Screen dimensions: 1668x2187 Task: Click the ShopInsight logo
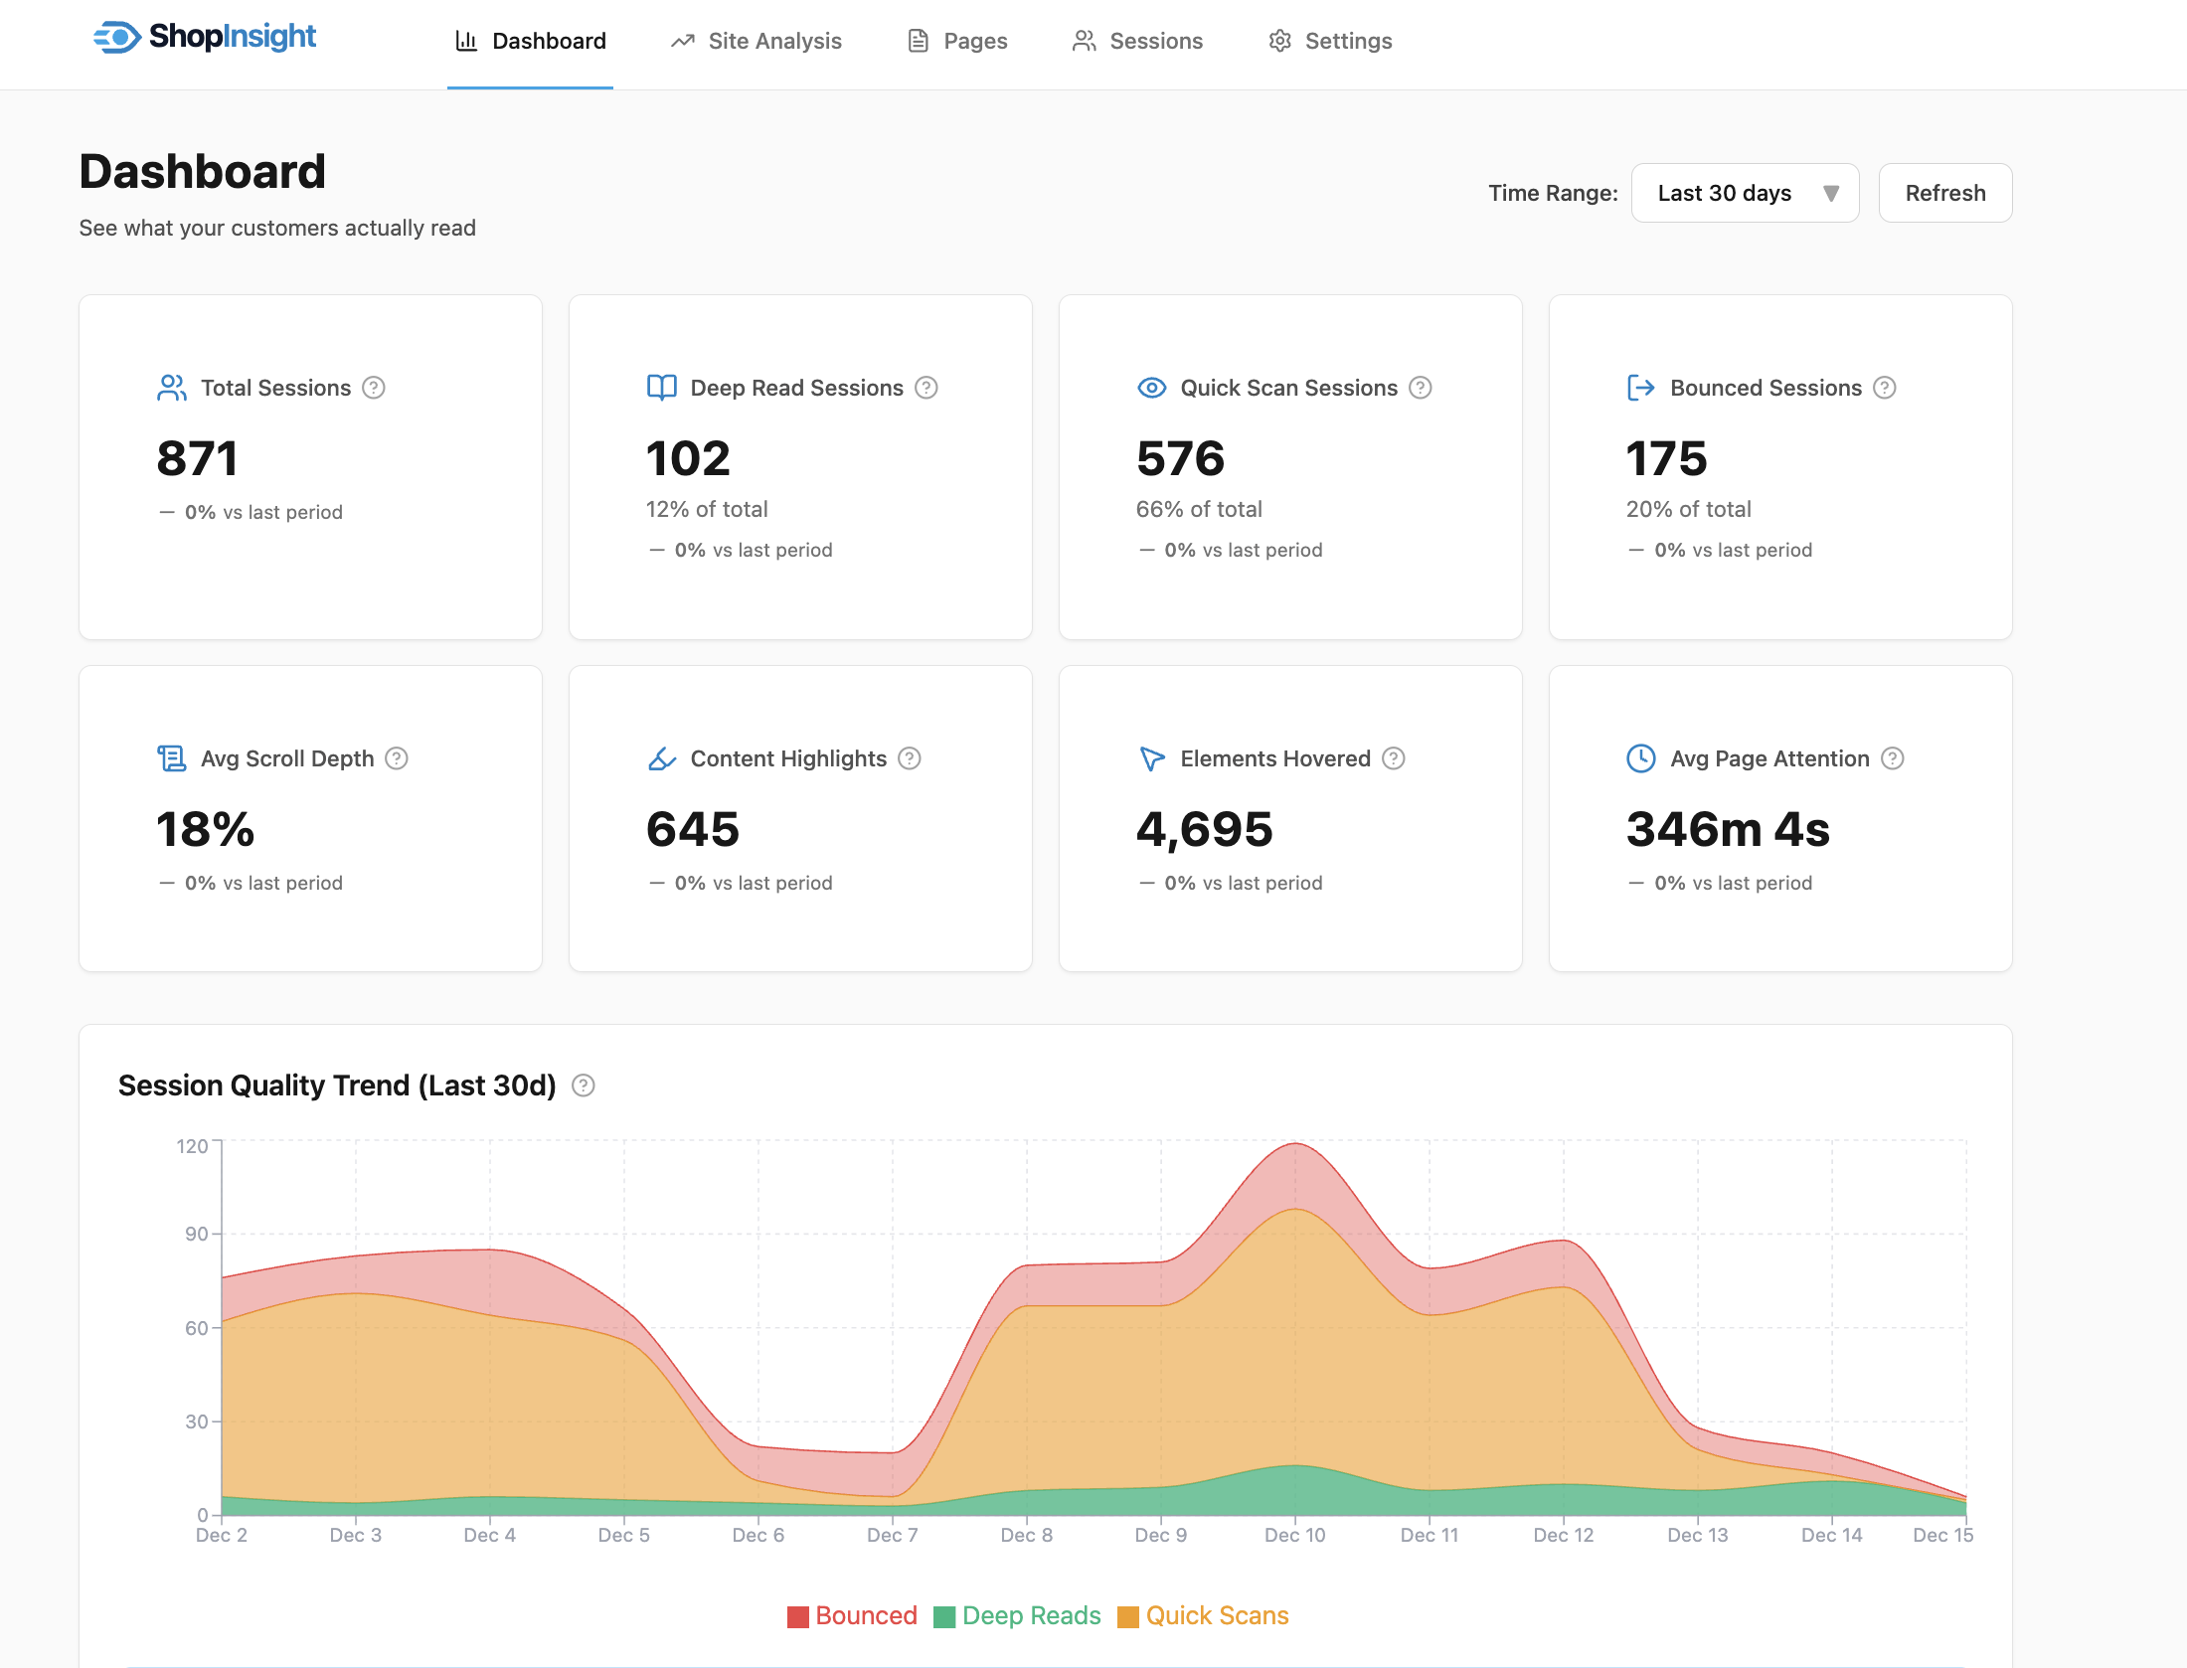point(205,38)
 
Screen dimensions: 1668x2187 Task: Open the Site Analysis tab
point(756,41)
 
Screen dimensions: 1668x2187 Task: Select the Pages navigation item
point(957,41)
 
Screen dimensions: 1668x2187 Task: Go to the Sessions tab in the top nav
point(1137,41)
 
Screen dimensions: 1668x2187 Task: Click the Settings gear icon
point(1279,41)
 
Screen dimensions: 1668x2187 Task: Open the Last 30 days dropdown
point(1745,193)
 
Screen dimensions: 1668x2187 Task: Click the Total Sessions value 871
point(198,458)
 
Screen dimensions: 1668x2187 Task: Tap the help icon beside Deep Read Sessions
point(926,388)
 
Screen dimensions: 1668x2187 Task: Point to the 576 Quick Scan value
point(1180,458)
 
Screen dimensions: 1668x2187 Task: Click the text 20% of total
point(1688,509)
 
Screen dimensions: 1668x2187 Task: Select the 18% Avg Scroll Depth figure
point(206,829)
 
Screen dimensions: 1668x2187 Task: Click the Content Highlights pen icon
point(662,758)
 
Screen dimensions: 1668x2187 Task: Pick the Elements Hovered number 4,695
point(1204,829)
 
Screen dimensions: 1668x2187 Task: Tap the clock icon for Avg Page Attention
point(1640,758)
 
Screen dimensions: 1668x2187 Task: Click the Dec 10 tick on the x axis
point(1294,1535)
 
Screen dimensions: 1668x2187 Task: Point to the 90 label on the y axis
point(196,1234)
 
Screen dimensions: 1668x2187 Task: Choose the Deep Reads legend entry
point(1018,1615)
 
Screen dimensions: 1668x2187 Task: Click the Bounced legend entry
point(852,1615)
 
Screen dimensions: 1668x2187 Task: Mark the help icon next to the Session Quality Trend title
point(584,1085)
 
